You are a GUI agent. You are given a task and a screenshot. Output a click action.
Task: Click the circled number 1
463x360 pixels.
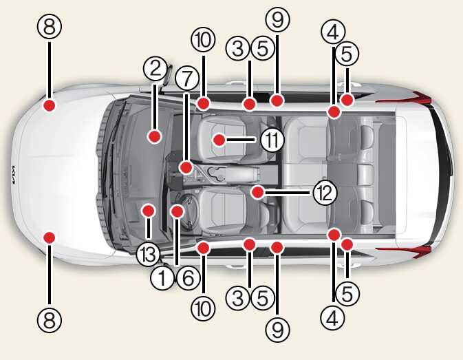point(162,278)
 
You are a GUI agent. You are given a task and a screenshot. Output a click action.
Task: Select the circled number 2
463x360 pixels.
point(155,69)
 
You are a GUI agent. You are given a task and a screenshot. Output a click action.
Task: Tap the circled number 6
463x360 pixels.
point(188,278)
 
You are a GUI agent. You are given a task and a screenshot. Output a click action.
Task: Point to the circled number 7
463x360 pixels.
point(187,79)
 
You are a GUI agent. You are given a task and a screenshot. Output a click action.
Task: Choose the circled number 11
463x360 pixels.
point(272,140)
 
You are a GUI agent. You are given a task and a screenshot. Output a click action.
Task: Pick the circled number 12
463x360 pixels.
point(325,193)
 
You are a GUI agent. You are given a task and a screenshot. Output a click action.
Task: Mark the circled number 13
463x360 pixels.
point(148,254)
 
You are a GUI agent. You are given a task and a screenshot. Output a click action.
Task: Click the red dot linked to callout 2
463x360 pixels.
point(154,136)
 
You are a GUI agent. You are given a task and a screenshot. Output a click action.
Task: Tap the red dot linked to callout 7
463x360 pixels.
point(186,168)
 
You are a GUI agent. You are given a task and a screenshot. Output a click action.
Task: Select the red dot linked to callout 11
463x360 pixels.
point(219,140)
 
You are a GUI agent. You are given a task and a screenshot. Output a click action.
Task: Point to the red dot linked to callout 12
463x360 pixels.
point(258,192)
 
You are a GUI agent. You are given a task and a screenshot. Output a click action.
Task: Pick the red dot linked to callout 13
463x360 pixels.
point(148,211)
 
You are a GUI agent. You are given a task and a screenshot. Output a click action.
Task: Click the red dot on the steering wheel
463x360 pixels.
point(177,211)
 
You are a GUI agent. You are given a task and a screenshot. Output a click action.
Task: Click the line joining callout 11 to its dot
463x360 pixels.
point(241,140)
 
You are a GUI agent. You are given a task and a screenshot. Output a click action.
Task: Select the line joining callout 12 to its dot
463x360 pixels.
point(287,193)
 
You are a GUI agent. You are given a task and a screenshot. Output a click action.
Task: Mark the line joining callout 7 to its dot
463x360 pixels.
point(186,127)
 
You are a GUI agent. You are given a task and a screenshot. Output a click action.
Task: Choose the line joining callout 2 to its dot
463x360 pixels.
point(155,107)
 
